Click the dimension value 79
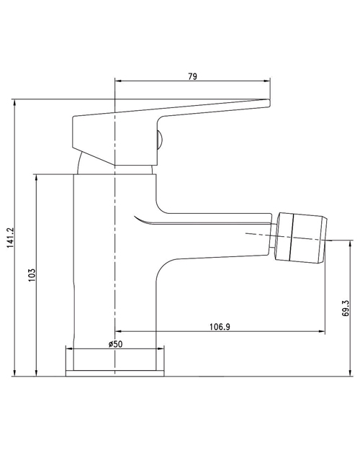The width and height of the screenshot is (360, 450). pos(193,76)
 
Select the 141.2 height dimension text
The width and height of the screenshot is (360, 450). pos(10,238)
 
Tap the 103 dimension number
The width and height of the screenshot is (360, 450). pos(32,275)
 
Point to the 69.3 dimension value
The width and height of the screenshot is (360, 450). pos(346,308)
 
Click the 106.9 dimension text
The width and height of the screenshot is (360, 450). pos(220,327)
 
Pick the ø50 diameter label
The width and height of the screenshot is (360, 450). pos(115,344)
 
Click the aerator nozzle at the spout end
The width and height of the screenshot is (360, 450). pos(301,238)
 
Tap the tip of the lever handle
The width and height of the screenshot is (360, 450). pos(269,103)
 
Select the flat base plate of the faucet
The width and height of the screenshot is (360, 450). pos(114,373)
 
